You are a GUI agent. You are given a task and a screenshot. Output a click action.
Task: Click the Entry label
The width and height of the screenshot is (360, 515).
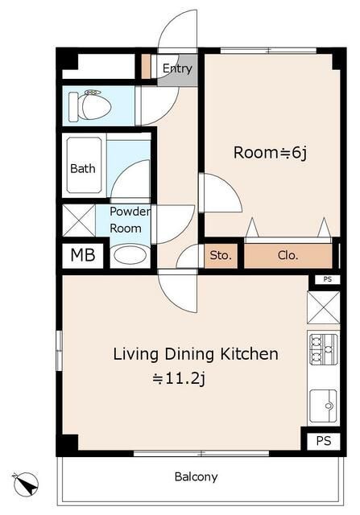(x=177, y=68)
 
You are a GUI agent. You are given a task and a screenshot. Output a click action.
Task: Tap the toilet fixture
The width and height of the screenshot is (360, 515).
(x=90, y=105)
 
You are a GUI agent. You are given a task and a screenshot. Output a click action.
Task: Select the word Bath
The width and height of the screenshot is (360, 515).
(x=83, y=168)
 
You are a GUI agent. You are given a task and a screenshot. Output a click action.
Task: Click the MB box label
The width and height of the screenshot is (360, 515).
(x=83, y=254)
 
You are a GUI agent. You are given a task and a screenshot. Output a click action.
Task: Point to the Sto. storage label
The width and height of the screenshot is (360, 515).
(x=221, y=255)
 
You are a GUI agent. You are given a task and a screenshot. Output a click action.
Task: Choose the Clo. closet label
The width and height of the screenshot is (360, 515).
(x=288, y=255)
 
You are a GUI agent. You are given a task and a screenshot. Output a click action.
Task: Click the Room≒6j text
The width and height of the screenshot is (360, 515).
(x=270, y=153)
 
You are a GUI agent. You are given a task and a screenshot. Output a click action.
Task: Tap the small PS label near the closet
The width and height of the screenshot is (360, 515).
(x=328, y=279)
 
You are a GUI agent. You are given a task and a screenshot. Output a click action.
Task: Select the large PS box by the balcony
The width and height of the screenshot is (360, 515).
(x=324, y=441)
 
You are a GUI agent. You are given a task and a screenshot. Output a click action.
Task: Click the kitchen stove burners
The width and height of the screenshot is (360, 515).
(x=324, y=349)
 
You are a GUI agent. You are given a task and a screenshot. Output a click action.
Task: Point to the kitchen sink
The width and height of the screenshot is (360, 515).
(x=324, y=406)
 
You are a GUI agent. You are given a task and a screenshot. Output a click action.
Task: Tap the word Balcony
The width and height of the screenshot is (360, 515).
(x=196, y=477)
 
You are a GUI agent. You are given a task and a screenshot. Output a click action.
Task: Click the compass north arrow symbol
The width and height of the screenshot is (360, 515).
(x=25, y=484)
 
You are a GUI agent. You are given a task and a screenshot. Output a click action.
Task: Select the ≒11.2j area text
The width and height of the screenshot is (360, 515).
(x=179, y=379)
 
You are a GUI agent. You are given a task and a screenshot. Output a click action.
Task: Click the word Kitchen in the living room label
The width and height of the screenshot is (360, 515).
(x=249, y=354)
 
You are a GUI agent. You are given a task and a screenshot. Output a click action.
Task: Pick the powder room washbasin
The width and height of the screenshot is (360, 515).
(x=130, y=255)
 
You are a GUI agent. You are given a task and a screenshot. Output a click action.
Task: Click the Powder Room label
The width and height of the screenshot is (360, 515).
(x=130, y=220)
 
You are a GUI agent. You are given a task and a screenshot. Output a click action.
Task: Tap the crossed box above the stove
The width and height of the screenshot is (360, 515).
(x=324, y=307)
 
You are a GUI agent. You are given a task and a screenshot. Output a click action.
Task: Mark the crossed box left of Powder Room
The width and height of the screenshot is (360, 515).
(x=79, y=220)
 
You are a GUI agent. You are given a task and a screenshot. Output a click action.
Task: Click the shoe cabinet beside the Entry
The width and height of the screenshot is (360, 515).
(x=146, y=66)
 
